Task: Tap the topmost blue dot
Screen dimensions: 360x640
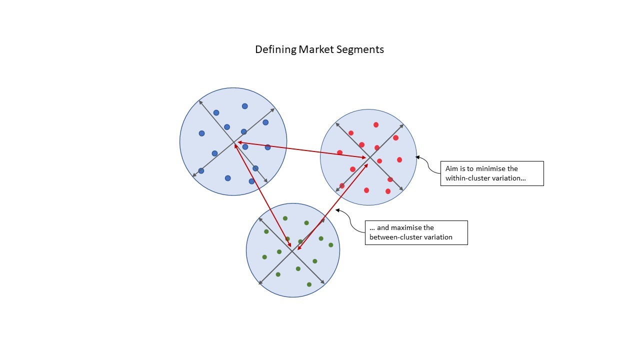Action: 245,106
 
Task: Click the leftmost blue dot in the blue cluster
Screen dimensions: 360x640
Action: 201,133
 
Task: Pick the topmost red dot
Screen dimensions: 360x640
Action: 376,124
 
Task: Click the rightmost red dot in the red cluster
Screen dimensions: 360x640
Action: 399,160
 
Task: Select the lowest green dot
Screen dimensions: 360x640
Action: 309,284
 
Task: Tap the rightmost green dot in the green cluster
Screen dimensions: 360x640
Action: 331,245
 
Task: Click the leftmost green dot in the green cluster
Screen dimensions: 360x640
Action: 264,257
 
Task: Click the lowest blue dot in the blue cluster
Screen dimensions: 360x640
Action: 252,181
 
